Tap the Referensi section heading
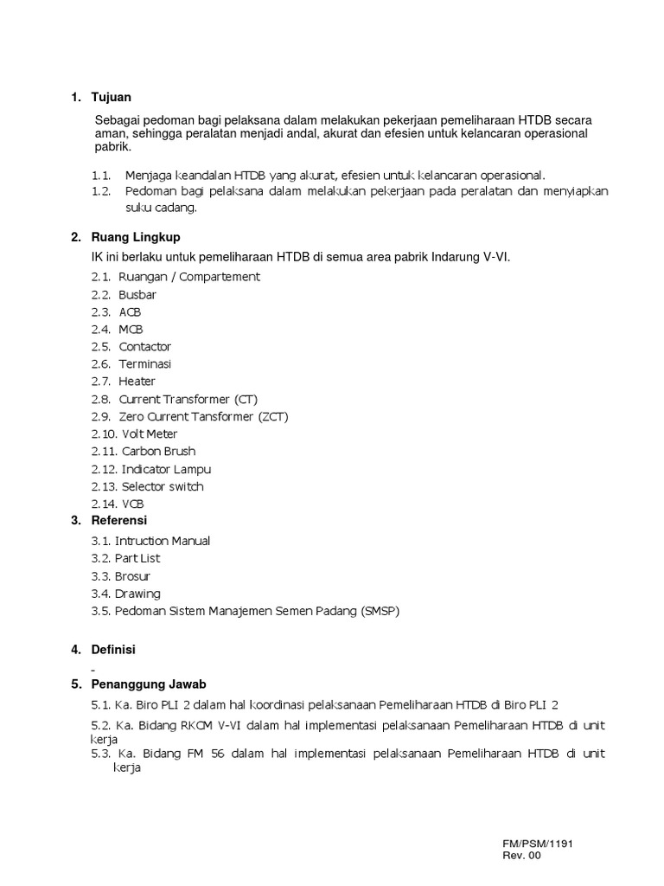click(119, 520)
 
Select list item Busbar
click(137, 294)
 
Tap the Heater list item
click(137, 381)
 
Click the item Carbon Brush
click(158, 451)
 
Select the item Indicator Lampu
click(166, 469)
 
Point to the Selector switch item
click(163, 486)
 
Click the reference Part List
click(137, 558)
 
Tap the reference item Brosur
click(132, 575)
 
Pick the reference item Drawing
click(137, 594)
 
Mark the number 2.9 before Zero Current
click(101, 416)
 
